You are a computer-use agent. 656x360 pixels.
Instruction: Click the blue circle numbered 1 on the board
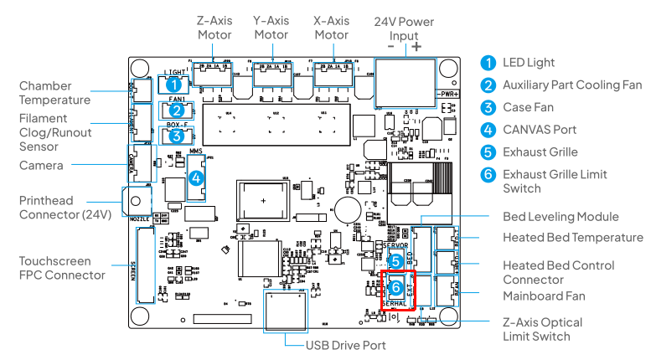point(173,84)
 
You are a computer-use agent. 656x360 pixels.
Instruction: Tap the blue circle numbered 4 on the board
point(195,178)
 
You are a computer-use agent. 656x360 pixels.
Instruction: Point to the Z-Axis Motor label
point(214,28)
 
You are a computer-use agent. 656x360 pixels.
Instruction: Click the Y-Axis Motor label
point(271,28)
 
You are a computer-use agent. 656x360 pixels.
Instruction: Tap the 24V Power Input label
point(405,28)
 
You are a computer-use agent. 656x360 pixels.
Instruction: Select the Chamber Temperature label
point(55,93)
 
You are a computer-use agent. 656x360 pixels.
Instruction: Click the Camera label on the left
point(41,165)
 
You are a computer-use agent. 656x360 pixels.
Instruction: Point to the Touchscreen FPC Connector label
point(62,268)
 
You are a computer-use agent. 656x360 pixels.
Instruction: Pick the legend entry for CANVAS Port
point(539,130)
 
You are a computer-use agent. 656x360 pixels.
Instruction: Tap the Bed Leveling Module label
point(560,217)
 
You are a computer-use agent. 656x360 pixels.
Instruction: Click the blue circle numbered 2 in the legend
point(488,85)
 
